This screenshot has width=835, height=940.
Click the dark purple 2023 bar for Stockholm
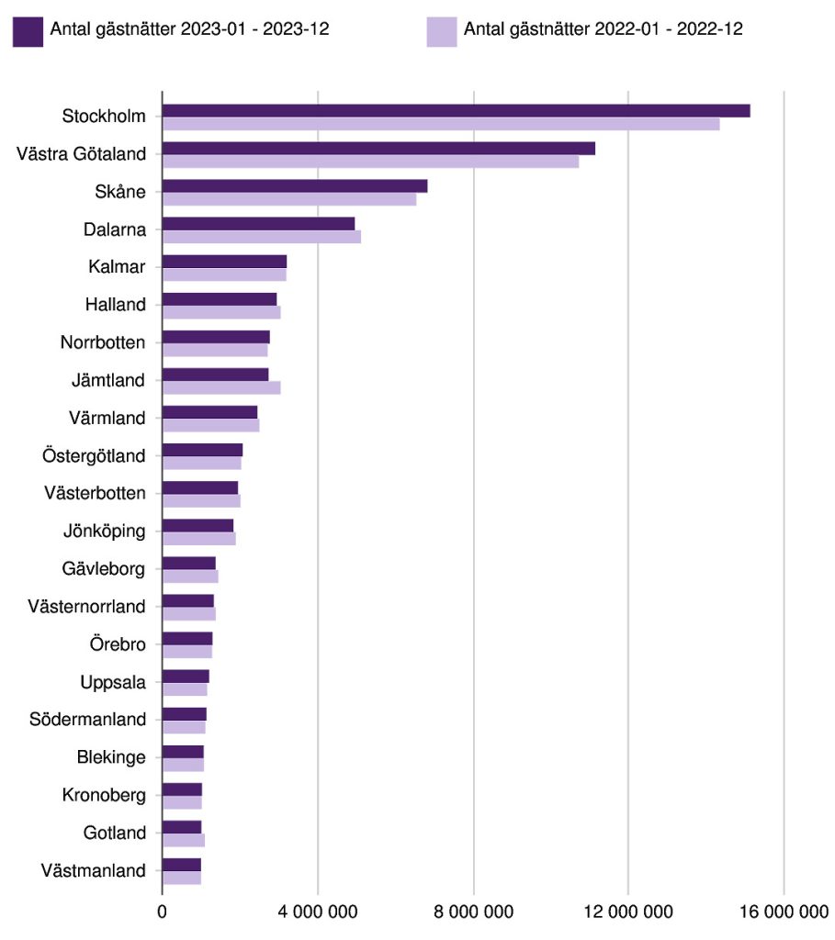tap(456, 111)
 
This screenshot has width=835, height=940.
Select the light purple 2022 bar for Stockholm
tap(441, 124)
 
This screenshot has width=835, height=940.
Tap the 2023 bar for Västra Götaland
tap(378, 149)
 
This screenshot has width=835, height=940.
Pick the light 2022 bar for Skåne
tap(289, 199)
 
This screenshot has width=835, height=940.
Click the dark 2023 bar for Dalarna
tap(258, 224)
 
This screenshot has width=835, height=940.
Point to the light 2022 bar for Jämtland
tap(221, 387)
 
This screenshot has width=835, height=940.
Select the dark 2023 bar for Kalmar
tap(224, 262)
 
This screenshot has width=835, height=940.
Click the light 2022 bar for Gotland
tap(183, 840)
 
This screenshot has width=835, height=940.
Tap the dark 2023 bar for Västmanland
tap(181, 865)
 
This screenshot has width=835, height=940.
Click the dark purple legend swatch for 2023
tap(28, 31)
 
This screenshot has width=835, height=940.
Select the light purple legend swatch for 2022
tap(442, 31)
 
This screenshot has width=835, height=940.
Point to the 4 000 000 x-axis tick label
tap(317, 912)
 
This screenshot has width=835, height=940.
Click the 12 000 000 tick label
tap(628, 912)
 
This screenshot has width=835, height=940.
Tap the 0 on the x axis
tap(163, 912)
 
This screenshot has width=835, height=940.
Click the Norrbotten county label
tap(103, 342)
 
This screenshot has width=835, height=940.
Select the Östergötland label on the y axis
tap(94, 455)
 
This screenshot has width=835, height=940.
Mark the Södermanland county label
tap(87, 719)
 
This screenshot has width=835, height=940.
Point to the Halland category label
tap(115, 304)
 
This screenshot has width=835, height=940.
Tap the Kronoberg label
tap(104, 795)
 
